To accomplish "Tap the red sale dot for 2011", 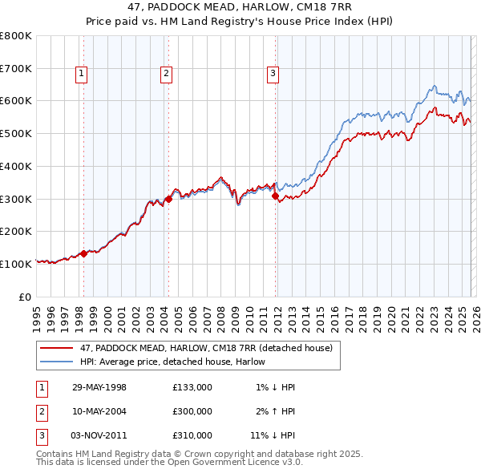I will click(275, 195).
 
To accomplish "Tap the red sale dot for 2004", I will click(169, 199).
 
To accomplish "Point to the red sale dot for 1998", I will click(83, 253).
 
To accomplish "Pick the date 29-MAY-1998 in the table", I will click(99, 387).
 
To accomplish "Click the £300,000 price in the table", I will click(192, 411).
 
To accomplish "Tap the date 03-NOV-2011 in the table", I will click(99, 435).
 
